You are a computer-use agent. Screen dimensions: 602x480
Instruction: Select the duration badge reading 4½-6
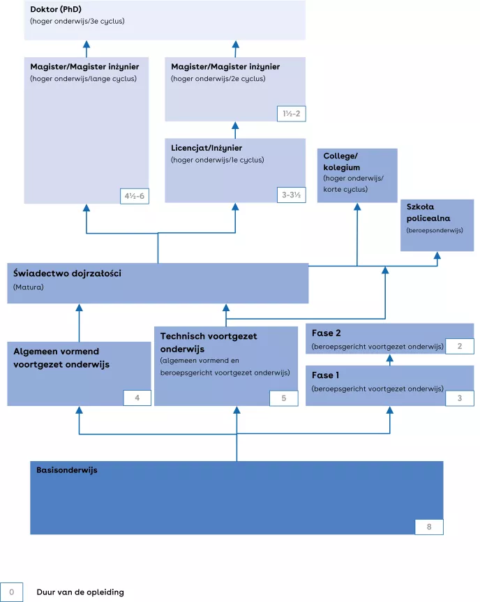coord(134,195)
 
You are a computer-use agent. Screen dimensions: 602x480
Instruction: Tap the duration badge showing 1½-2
coord(291,114)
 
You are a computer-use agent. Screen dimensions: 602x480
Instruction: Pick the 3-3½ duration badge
coord(291,195)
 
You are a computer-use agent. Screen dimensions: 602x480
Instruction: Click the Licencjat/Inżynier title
coord(207,148)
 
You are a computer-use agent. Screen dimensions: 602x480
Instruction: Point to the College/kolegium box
coord(357,175)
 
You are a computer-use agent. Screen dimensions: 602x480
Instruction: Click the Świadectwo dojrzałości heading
coord(67,273)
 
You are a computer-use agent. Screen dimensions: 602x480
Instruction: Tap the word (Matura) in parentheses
coord(28,287)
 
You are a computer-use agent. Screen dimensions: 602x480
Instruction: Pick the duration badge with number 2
coord(459,346)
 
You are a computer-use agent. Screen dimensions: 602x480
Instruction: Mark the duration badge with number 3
coord(459,398)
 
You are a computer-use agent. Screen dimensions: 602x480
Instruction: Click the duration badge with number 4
coord(137,398)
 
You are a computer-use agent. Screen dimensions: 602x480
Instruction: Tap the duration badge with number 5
coord(284,398)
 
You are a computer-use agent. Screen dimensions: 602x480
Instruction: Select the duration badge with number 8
coord(429,527)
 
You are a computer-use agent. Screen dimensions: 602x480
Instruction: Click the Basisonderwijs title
coord(67,470)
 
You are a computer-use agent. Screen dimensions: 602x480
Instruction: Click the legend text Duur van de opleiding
coord(80,592)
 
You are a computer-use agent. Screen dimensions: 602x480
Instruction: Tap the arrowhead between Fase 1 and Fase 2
coord(390,359)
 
